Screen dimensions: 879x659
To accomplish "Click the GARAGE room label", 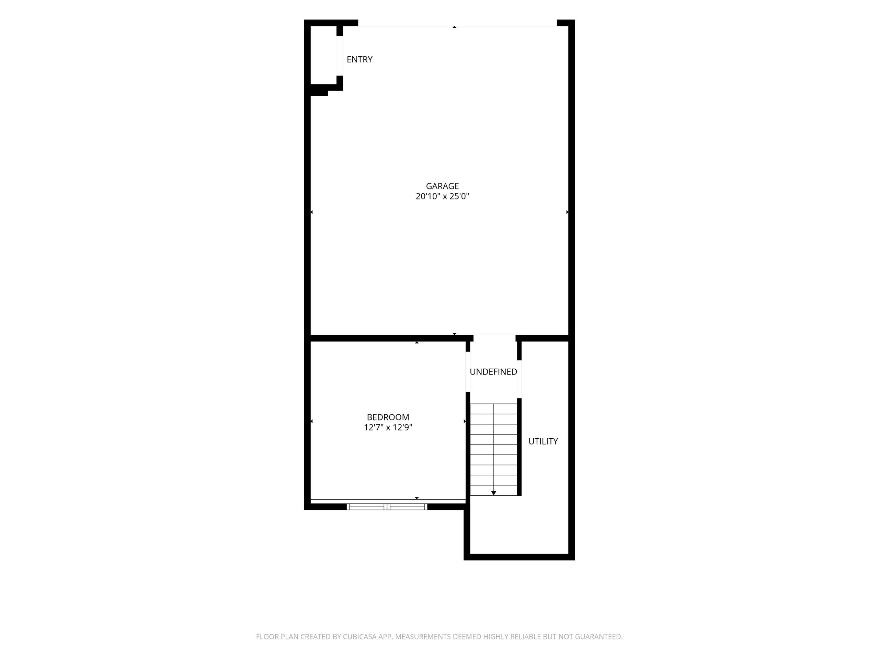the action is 442,186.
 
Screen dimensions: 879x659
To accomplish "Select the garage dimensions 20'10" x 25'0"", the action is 442,196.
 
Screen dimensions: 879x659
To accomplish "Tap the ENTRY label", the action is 359,59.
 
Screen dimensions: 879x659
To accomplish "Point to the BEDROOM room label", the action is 388,417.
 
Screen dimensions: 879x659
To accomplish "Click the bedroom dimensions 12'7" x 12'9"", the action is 388,427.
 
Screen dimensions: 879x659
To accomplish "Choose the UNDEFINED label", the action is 493,372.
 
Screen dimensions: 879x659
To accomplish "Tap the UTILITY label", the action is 543,441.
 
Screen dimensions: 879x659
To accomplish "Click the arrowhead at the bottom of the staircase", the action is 493,493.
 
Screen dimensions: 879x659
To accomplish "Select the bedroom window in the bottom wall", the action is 387,507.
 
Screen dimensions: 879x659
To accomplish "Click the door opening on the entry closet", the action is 340,56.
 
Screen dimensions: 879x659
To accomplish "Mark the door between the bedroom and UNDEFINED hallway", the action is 468,372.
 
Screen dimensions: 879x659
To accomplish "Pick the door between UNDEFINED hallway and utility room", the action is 519,379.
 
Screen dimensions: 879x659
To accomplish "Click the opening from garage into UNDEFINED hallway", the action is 494,338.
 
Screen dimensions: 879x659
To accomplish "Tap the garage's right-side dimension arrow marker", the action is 568,212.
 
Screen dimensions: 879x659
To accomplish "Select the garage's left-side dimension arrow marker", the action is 311,212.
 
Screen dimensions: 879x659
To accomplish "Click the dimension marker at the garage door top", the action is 455,27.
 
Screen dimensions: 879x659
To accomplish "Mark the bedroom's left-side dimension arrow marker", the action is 311,421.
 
